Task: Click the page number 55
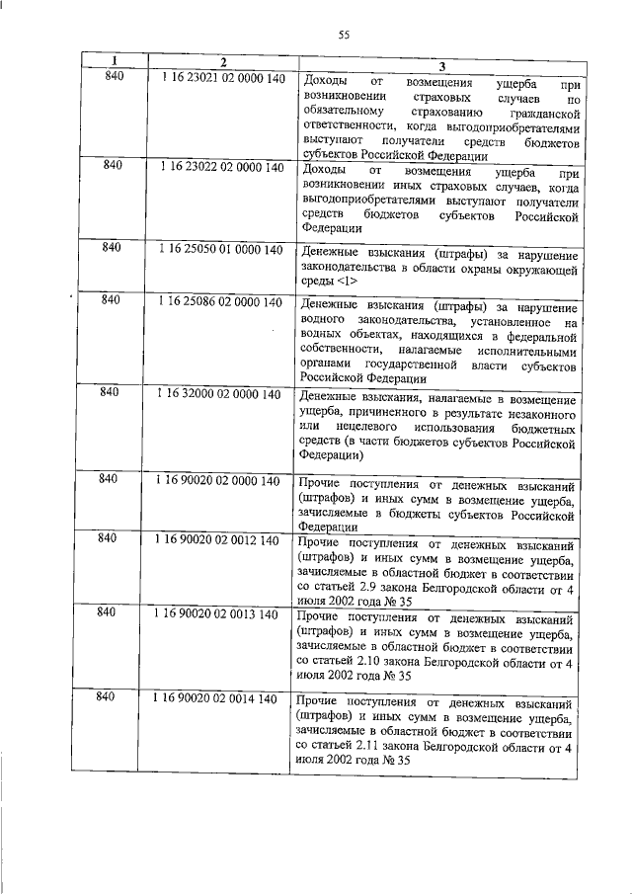pos(345,35)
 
